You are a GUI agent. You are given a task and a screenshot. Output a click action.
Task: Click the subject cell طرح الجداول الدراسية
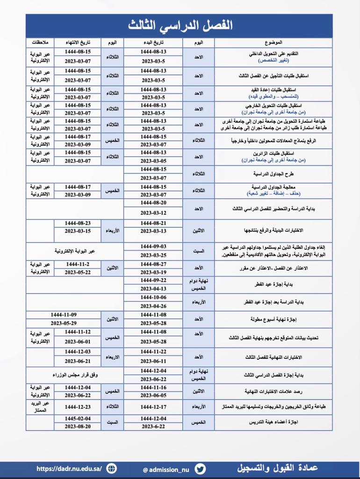point(273,174)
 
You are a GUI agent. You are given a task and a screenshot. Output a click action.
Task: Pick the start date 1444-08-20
point(153,203)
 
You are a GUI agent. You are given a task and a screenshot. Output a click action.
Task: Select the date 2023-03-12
point(153,213)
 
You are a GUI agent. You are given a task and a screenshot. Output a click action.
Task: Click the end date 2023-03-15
point(78,231)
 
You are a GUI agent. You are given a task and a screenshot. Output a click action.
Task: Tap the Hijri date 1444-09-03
point(153,246)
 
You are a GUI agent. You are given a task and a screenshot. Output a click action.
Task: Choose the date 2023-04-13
point(153,289)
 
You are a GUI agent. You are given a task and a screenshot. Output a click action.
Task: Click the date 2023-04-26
point(153,306)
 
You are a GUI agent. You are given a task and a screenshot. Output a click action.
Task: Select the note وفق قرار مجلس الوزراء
point(75,375)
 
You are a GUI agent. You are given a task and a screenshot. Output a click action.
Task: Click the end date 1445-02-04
point(78,418)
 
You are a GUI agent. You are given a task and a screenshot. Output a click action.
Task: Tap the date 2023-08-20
point(78,426)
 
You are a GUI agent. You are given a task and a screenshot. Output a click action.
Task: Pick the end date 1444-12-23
point(78,406)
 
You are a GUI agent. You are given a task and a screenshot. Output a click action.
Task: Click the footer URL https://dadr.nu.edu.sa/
point(69,468)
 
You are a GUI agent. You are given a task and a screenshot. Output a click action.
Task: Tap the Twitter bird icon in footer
point(200,469)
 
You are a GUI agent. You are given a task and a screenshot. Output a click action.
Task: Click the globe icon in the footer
point(112,468)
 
